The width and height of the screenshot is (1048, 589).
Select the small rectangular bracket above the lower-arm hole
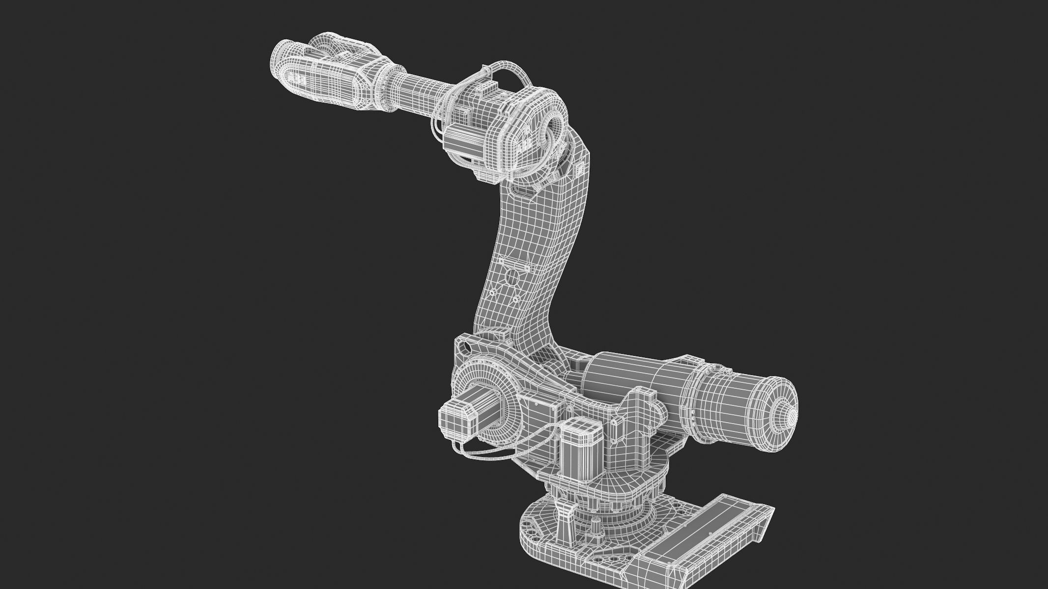[502, 260]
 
